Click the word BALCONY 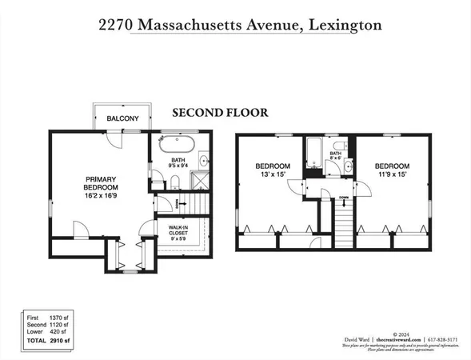[x=122, y=119]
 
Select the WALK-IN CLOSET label [x=177, y=231]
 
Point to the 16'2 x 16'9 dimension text [x=102, y=194]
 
